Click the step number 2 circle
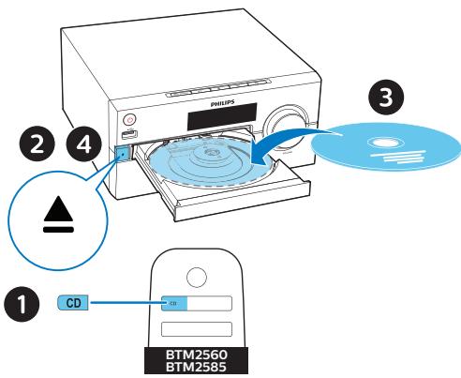(36, 146)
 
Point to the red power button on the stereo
(128, 119)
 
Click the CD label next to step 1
(71, 304)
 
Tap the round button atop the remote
(195, 278)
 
